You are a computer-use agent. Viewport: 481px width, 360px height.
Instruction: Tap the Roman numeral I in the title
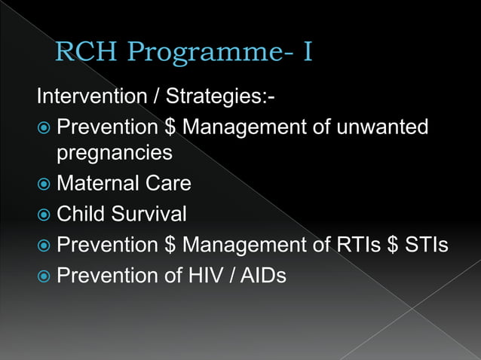307,52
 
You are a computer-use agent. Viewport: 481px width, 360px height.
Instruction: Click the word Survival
150,214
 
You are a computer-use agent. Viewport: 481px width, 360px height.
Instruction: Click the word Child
82,214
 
